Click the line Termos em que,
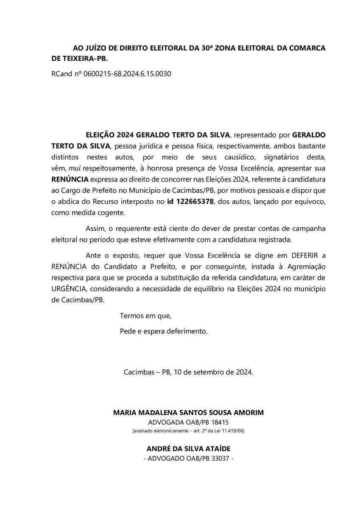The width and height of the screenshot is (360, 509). tap(145, 316)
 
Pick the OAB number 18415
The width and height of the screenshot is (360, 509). tap(220, 422)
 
